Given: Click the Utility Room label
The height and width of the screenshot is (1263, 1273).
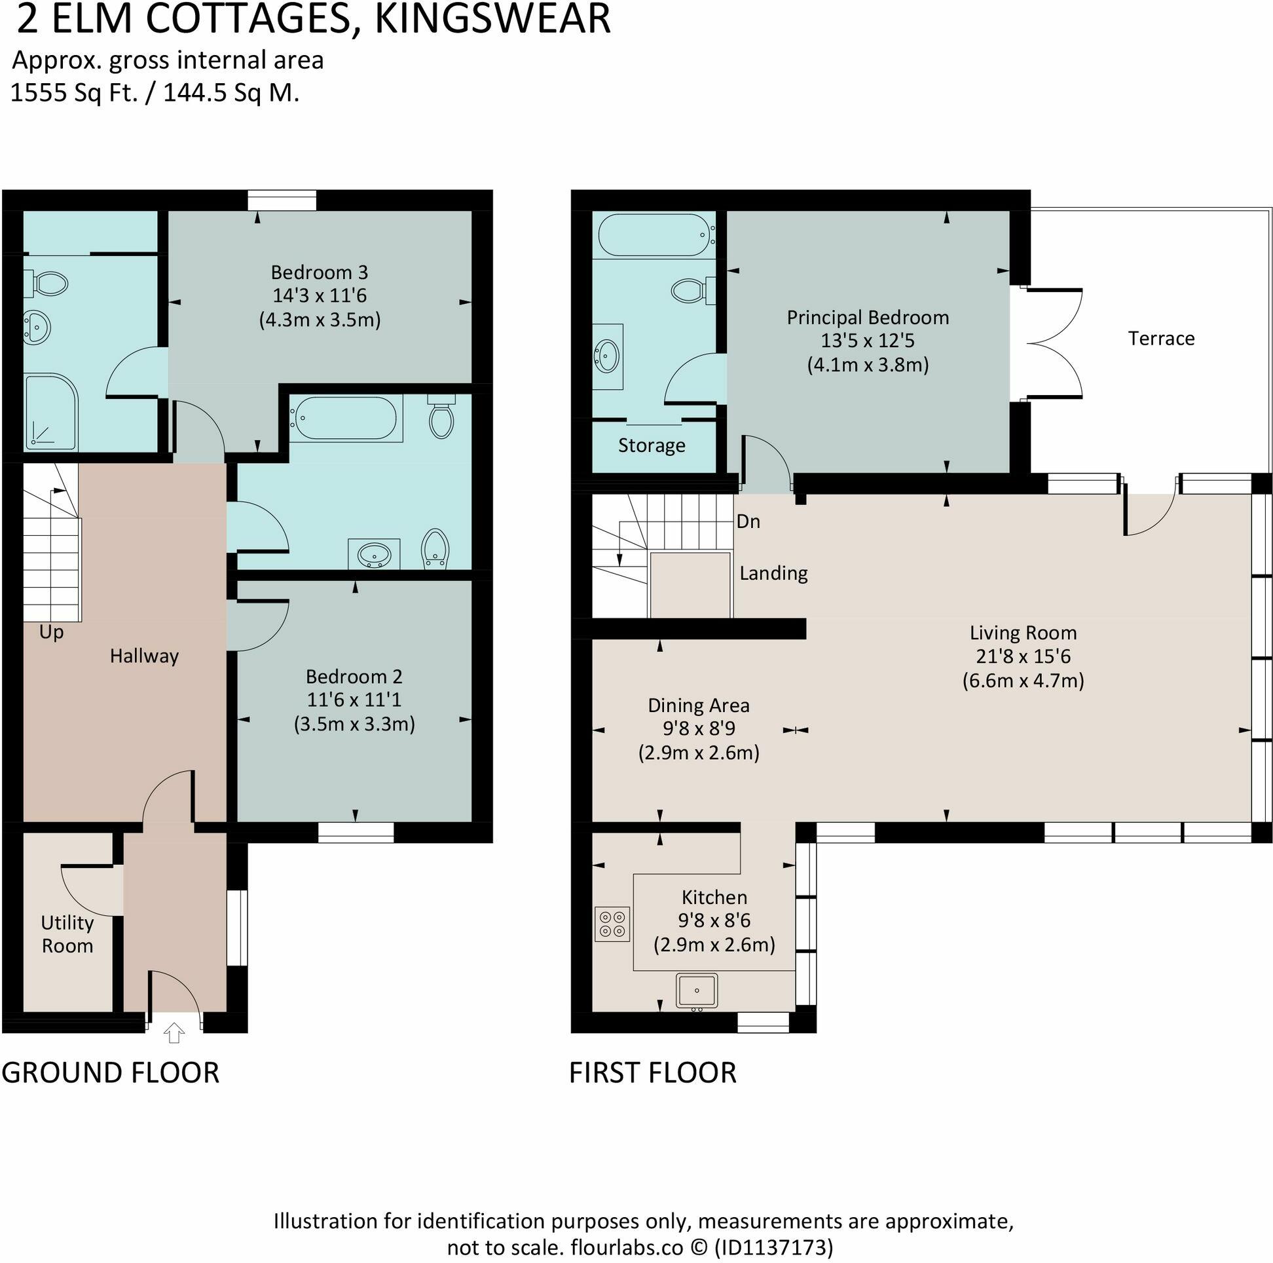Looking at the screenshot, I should pyautogui.click(x=67, y=934).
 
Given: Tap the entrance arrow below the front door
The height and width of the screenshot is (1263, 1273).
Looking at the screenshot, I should pyautogui.click(x=174, y=1033).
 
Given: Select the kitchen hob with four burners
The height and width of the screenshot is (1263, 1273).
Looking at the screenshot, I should pyautogui.click(x=612, y=924).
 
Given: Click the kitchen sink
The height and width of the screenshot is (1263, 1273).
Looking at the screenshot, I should pyautogui.click(x=697, y=990).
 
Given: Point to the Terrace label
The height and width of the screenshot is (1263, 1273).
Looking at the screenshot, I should pyautogui.click(x=1161, y=338).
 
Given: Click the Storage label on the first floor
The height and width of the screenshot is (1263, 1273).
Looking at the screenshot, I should pyautogui.click(x=651, y=445).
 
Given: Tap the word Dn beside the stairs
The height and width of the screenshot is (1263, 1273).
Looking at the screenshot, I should pyautogui.click(x=748, y=521).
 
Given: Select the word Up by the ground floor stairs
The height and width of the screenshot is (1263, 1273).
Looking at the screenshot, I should pyautogui.click(x=50, y=632).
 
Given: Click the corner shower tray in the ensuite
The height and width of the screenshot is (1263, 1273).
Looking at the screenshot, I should pyautogui.click(x=50, y=412).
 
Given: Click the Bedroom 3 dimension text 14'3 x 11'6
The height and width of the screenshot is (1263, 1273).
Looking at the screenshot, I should pyautogui.click(x=319, y=296).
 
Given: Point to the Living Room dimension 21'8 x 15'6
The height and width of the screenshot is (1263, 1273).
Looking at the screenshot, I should pyautogui.click(x=1023, y=656).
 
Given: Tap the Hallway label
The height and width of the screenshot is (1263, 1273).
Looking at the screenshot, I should pyautogui.click(x=143, y=656).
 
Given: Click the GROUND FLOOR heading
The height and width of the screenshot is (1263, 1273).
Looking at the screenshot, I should pyautogui.click(x=110, y=1072).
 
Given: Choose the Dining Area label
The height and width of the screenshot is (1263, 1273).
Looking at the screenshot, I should pyautogui.click(x=699, y=706).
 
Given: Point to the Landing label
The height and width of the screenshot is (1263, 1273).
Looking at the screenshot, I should pyautogui.click(x=773, y=573).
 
